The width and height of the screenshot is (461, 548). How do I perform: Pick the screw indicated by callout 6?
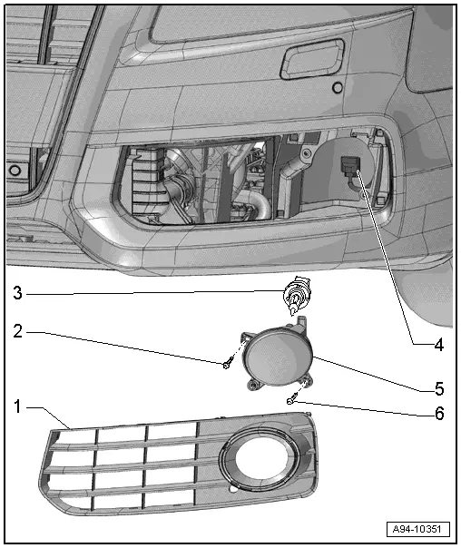coord(290,400)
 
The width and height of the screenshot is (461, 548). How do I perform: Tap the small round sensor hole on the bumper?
coord(337,88)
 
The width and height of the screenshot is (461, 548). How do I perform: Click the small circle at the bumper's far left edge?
coord(15,170)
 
